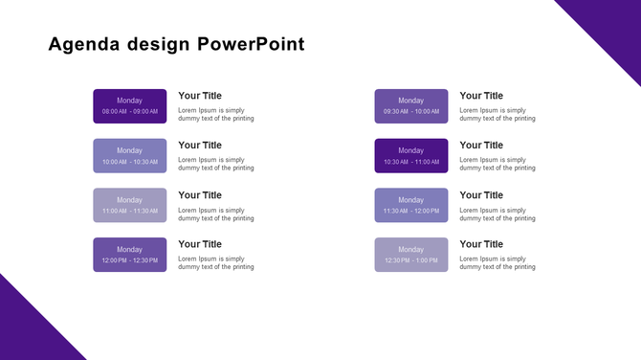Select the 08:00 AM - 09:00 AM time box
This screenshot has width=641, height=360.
(x=129, y=106)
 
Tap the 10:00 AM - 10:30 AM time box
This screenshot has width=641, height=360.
(x=129, y=156)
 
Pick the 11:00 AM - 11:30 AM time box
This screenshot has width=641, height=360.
(x=129, y=205)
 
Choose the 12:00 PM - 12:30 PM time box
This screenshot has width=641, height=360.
(x=129, y=255)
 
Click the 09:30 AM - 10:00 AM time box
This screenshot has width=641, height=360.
(x=410, y=106)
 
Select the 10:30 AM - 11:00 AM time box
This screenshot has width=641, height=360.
(x=410, y=156)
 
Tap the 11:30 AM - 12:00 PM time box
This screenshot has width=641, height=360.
(x=410, y=205)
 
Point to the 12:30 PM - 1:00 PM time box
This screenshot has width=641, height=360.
(x=410, y=255)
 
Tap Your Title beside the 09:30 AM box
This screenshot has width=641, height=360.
(x=481, y=96)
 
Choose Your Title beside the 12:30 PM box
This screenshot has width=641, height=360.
(x=481, y=244)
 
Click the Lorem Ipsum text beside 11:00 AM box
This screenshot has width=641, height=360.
(x=216, y=214)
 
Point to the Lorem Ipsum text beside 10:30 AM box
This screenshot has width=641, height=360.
(x=497, y=165)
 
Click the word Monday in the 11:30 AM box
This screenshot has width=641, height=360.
(x=410, y=200)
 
